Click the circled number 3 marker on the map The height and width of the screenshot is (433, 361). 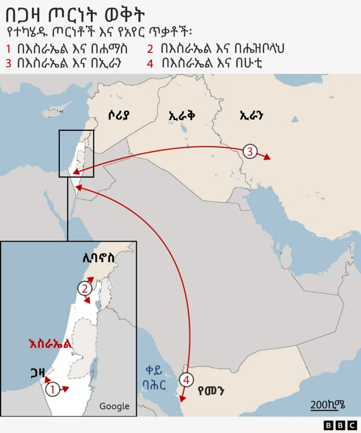tap(250, 151)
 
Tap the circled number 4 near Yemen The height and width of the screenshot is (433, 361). tap(187, 379)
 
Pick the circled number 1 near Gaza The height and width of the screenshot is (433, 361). tap(52, 389)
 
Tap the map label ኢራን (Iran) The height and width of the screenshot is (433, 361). tap(252, 116)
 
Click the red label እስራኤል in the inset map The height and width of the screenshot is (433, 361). tap(51, 343)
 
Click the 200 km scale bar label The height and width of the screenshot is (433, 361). tap(327, 404)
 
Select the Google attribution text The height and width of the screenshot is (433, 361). tap(114, 406)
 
